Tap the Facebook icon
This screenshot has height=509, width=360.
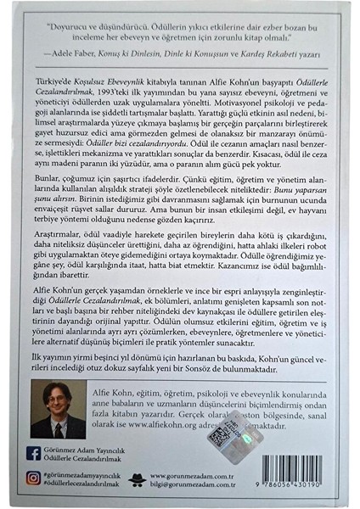(x=34, y=454)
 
